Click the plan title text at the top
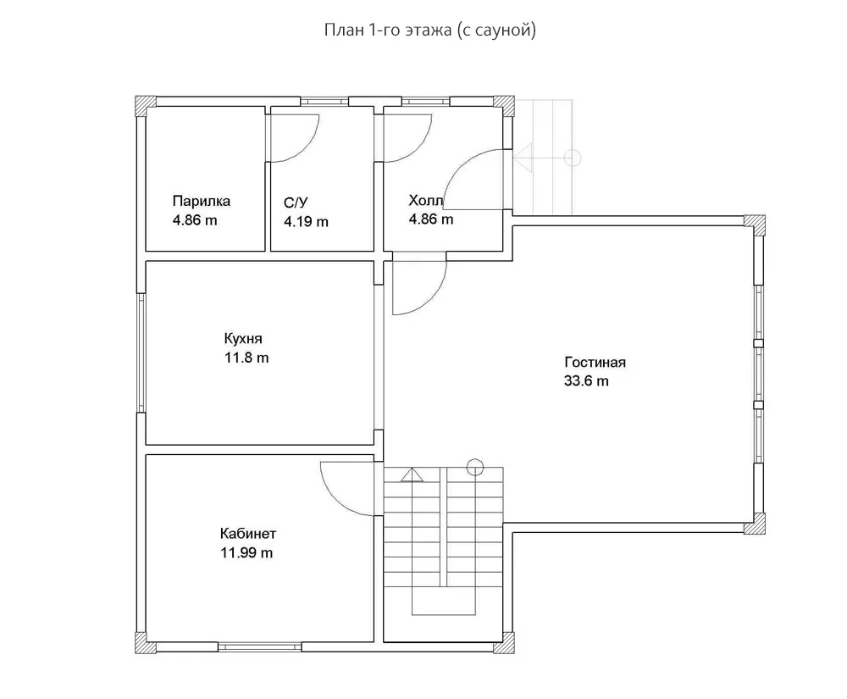pyautogui.click(x=430, y=31)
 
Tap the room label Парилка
pyautogui.click(x=202, y=201)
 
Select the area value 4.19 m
pyautogui.click(x=306, y=221)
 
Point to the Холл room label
pyautogui.click(x=426, y=201)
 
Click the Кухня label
pyautogui.click(x=243, y=339)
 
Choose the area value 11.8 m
pyautogui.click(x=246, y=358)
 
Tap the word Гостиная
pyautogui.click(x=595, y=362)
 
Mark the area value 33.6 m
pyautogui.click(x=586, y=380)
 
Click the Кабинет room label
pyautogui.click(x=248, y=534)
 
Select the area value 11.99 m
pyautogui.click(x=246, y=552)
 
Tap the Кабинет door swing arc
pyautogui.click(x=335, y=500)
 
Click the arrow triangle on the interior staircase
pyautogui.click(x=412, y=474)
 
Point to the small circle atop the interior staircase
pyautogui.click(x=475, y=467)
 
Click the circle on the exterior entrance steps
pyautogui.click(x=573, y=158)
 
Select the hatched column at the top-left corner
pyautogui.click(x=146, y=106)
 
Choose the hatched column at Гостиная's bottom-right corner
pyautogui.click(x=755, y=524)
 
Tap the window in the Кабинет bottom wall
pyautogui.click(x=260, y=646)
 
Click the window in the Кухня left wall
pyautogui.click(x=141, y=352)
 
